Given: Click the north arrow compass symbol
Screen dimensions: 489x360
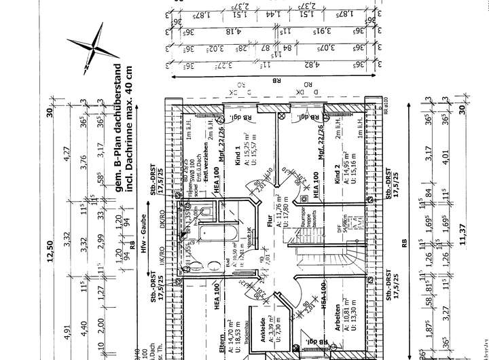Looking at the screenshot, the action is coord(93,49).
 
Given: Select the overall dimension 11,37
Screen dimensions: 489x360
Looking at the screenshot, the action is coord(463,230).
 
